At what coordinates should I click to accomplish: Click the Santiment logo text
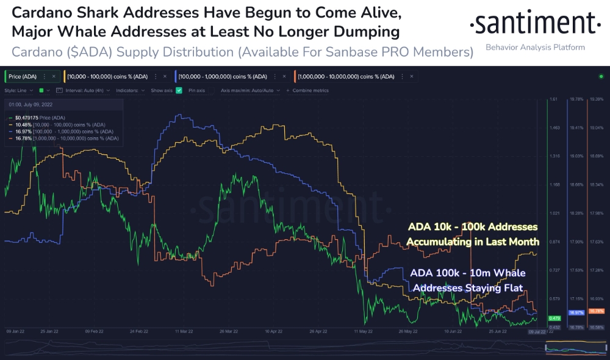click(x=535, y=24)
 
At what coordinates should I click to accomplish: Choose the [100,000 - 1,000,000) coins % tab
click(x=223, y=76)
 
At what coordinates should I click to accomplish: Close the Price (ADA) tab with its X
click(x=54, y=76)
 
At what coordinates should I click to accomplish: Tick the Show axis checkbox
click(x=179, y=90)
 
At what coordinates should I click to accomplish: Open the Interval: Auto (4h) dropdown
click(x=84, y=90)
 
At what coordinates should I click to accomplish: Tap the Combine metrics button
click(x=310, y=90)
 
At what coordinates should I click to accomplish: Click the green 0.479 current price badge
click(x=554, y=319)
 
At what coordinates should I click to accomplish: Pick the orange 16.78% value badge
click(x=596, y=311)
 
